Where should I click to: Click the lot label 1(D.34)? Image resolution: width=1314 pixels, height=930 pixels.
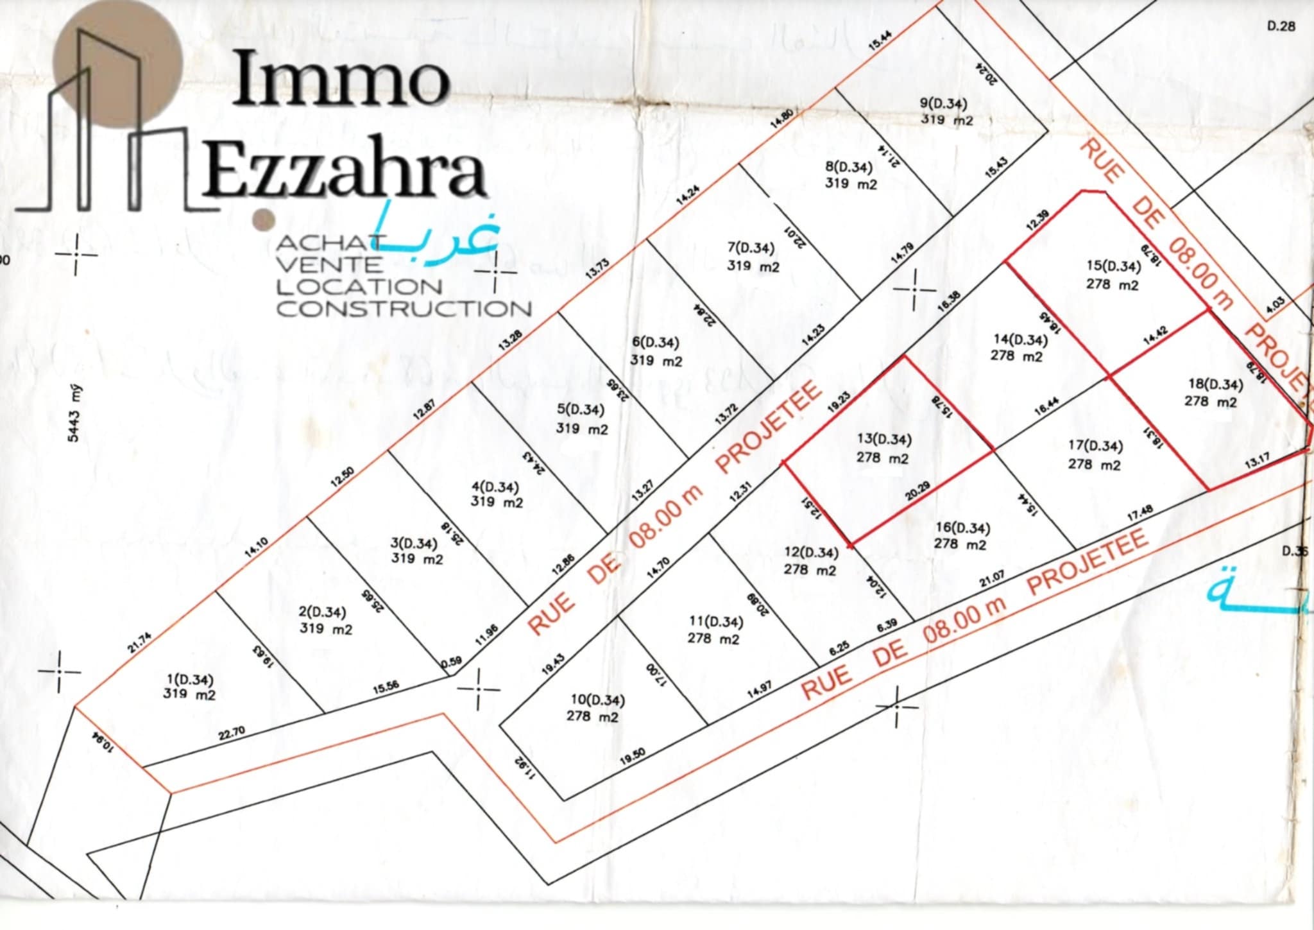pyautogui.click(x=190, y=680)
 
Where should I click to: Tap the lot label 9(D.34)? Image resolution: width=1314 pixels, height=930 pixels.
pyautogui.click(x=943, y=103)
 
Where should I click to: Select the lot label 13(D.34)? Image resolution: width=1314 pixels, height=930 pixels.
pyautogui.click(x=884, y=440)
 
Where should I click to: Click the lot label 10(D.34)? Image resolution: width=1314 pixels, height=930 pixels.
pyautogui.click(x=597, y=700)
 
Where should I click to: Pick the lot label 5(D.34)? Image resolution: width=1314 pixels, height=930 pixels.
pyautogui.click(x=580, y=409)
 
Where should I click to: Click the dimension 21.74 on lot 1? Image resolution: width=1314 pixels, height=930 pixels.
pyautogui.click(x=140, y=642)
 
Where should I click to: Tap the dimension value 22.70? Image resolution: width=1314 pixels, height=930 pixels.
pyautogui.click(x=232, y=734)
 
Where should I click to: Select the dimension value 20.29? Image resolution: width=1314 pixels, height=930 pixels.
pyautogui.click(x=917, y=492)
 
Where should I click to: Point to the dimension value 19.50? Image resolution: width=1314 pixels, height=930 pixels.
pyautogui.click(x=632, y=757)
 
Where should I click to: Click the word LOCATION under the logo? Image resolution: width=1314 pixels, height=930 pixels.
pyautogui.click(x=359, y=286)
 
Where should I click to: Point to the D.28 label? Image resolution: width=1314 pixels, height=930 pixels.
pyautogui.click(x=1282, y=26)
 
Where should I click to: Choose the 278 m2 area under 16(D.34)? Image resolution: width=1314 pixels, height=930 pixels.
pyautogui.click(x=960, y=544)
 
